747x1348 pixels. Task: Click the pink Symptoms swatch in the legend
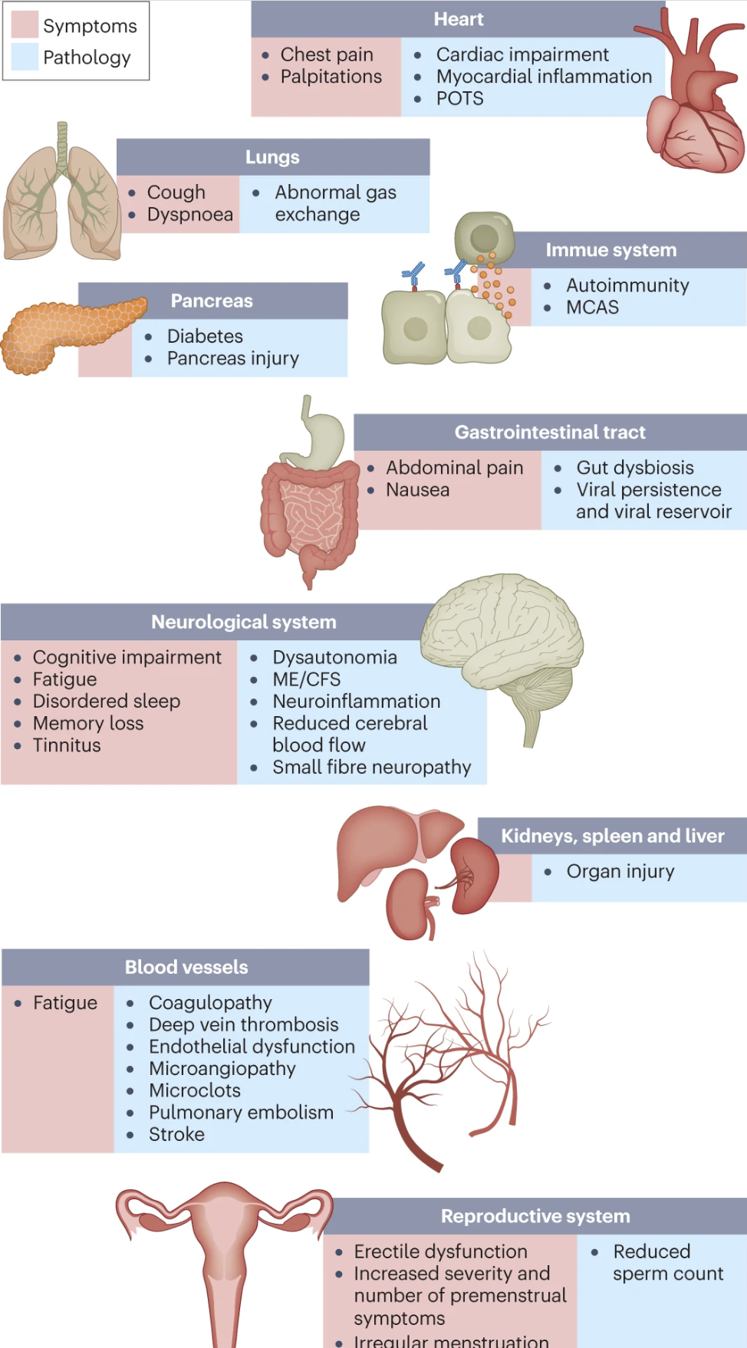coord(25,25)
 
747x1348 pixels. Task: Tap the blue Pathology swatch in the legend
coord(25,57)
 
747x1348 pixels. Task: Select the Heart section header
coord(458,19)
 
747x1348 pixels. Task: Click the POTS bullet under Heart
coord(459,99)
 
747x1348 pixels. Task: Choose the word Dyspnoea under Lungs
coord(189,215)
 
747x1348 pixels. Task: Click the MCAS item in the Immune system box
coord(592,307)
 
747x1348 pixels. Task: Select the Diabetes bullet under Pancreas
coord(205,337)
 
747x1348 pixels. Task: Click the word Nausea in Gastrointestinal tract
coord(417,490)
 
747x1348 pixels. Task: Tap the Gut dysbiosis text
coord(634,468)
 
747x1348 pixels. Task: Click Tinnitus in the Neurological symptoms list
coord(67,745)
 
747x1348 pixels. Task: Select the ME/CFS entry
coord(306,679)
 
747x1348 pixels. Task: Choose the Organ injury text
coord(620,872)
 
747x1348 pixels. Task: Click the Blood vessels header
coord(186,968)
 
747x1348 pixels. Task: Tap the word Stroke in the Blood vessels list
coord(176,1135)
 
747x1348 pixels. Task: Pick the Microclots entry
coord(194,1090)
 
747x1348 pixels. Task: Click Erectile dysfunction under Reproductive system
coord(440,1252)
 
